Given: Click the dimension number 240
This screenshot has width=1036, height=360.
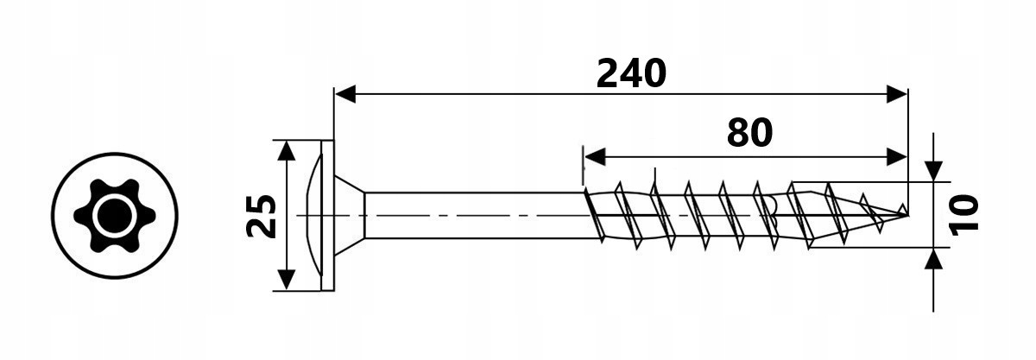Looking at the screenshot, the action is click(631, 74).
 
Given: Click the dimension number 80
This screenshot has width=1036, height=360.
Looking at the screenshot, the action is click(749, 132).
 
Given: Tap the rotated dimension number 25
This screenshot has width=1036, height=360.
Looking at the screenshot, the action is click(262, 216).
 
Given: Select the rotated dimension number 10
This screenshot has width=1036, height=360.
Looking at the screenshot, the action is click(964, 215).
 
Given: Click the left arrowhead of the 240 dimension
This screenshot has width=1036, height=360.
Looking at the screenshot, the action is click(345, 94).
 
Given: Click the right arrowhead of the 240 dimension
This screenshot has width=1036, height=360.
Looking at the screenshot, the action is click(897, 94).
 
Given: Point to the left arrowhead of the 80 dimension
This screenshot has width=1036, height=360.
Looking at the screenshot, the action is click(595, 157).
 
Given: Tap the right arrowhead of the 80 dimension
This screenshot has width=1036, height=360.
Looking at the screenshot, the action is click(897, 157).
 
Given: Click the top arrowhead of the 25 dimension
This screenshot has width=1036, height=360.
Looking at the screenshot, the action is click(287, 151).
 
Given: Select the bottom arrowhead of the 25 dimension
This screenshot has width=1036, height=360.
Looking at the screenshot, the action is click(287, 280).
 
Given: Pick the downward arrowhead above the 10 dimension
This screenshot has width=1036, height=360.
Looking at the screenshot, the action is click(934, 171).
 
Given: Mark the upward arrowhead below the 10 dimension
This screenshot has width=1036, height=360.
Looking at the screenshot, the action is click(934, 259).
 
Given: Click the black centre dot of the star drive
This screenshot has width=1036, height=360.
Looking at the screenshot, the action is click(114, 216).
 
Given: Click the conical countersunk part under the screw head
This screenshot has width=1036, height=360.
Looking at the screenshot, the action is click(351, 216).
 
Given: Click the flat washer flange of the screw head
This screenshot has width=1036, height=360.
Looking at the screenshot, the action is click(328, 216).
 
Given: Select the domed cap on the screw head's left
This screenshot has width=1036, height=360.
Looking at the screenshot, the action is click(314, 216).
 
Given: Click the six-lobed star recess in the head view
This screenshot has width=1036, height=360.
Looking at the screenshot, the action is click(114, 216).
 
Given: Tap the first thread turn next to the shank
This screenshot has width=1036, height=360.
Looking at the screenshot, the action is click(594, 214).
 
